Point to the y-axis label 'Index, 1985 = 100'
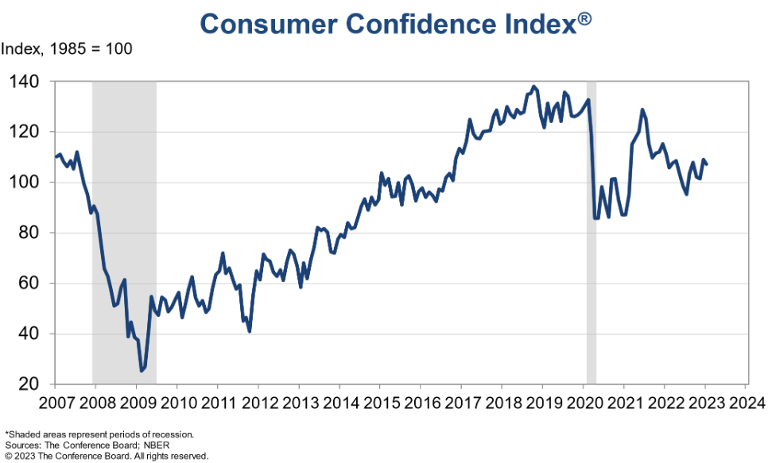67,49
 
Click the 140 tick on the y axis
30,81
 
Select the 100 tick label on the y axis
30,182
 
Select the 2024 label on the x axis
745,402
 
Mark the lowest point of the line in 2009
142,371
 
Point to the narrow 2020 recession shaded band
592,238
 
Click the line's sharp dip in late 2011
250,331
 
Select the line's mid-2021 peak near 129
642,110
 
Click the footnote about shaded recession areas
100,434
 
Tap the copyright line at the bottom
107,456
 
